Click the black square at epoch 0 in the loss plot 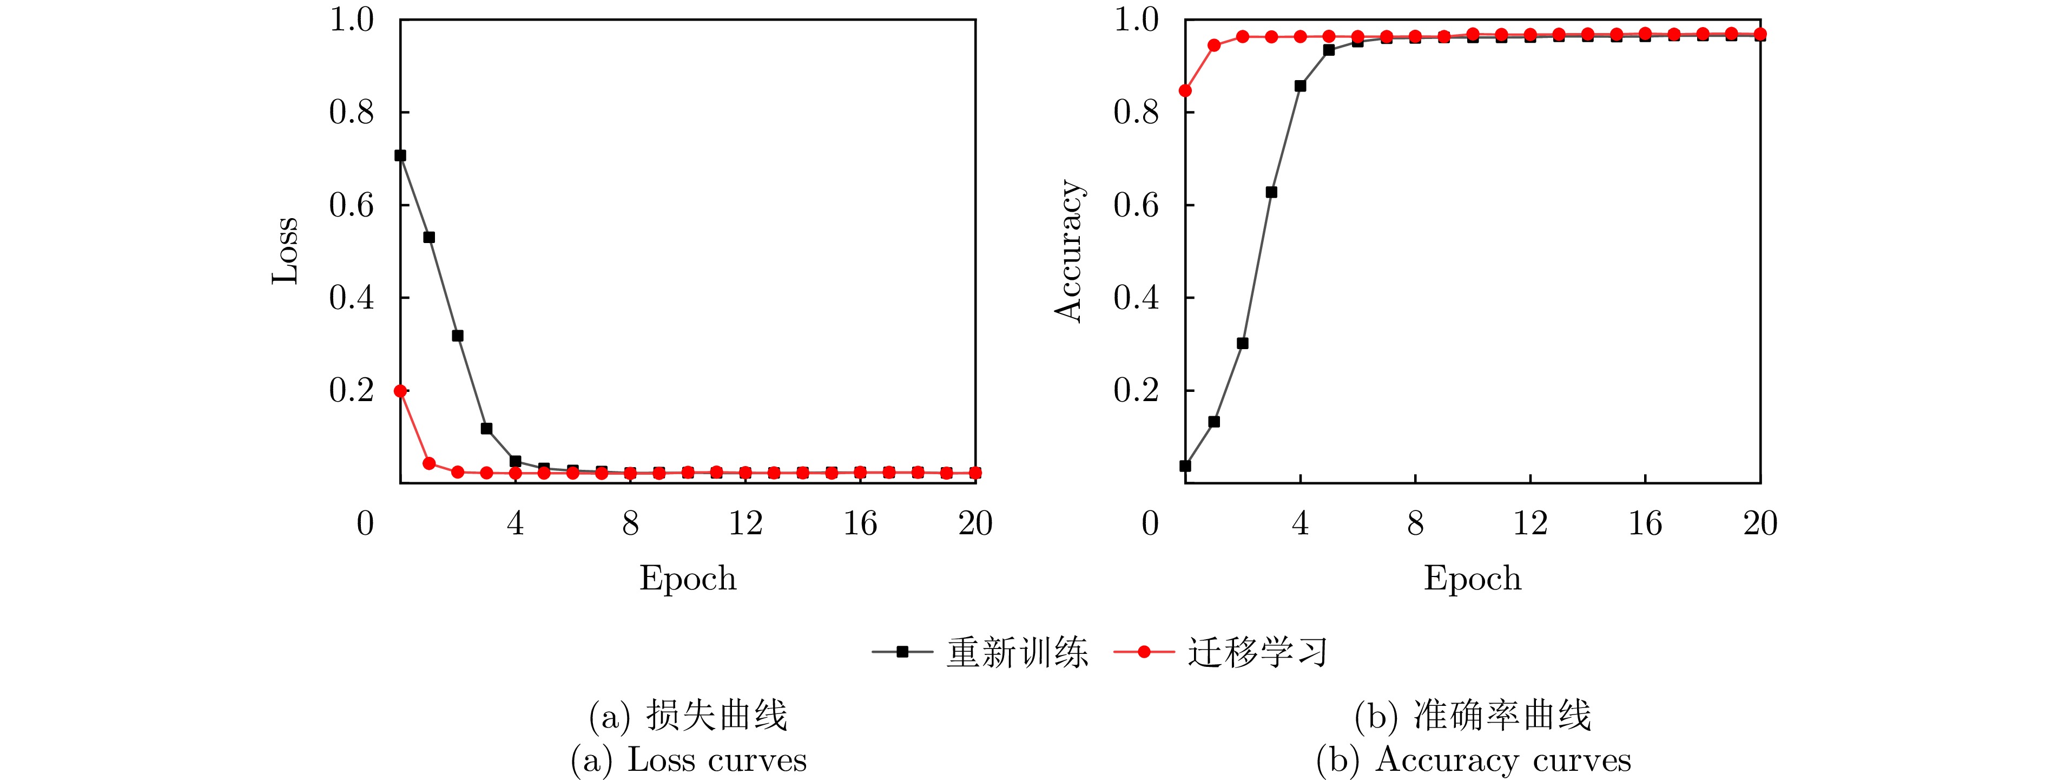tap(400, 156)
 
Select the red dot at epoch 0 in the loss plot tap(400, 391)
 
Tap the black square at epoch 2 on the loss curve tap(457, 336)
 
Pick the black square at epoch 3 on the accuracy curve tap(1271, 192)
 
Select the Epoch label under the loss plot tap(688, 578)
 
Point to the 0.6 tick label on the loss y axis tap(351, 205)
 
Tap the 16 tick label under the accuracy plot tap(1645, 523)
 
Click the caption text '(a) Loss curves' tap(688, 760)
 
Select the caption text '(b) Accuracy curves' tap(1473, 760)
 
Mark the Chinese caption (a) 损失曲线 tap(688, 716)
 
